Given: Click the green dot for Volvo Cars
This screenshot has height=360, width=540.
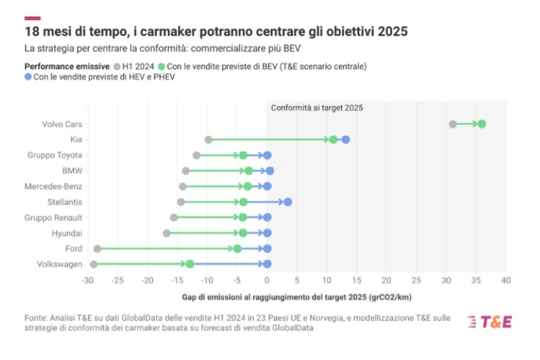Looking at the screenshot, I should pos(482,124).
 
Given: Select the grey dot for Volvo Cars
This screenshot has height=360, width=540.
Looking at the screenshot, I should pos(452,124).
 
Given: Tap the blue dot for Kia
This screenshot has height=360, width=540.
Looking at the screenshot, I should pos(346,140).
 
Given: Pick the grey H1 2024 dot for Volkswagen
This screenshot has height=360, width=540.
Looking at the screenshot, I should pos(94,264).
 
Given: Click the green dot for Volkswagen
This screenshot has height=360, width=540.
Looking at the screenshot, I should pos(190,264).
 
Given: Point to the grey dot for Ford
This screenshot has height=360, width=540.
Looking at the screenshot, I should pos(97,248).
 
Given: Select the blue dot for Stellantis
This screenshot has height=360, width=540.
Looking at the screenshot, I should pos(287,202).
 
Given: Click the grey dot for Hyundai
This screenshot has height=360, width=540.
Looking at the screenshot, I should pos(167,233).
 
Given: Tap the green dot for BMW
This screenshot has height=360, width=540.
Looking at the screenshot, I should pos(249,171).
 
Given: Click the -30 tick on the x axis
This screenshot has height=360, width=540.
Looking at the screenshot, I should pos(88,280).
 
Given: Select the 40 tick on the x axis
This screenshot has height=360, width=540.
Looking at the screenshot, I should pos(506,280).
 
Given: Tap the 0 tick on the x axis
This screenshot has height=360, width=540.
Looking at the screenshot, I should pos(267,280).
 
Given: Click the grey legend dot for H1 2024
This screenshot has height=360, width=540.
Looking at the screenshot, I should pos(117,67).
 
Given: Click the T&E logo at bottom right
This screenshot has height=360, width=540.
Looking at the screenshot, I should pos(490,322).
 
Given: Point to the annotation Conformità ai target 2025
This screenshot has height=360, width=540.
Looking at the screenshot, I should pos(316,108).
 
